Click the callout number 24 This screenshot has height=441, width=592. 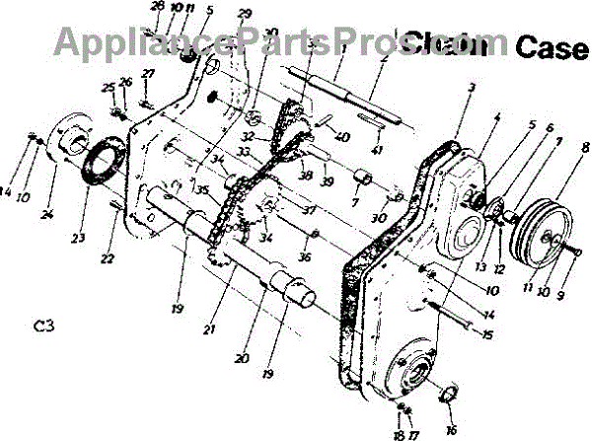46,215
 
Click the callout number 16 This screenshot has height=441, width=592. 452,429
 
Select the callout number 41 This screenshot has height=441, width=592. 378,149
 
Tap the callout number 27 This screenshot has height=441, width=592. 148,74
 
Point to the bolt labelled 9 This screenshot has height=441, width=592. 571,252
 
